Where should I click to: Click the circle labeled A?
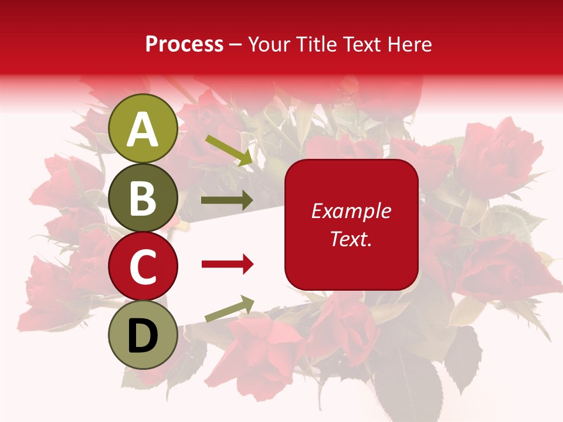point(143,128)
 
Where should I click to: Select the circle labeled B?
point(143,198)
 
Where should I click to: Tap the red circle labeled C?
point(143,266)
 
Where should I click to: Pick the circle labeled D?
point(143,335)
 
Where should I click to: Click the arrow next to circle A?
point(229,150)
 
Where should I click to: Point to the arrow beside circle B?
point(227,200)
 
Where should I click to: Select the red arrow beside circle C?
point(228,264)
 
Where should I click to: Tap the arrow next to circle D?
point(229,309)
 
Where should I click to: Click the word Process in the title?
point(184,45)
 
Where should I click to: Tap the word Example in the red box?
point(351,212)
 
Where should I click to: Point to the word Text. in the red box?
point(351,239)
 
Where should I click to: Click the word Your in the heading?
point(268,45)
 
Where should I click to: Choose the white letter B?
point(143,198)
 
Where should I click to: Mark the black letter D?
point(143,336)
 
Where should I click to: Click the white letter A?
point(143,130)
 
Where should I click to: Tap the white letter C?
point(143,267)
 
